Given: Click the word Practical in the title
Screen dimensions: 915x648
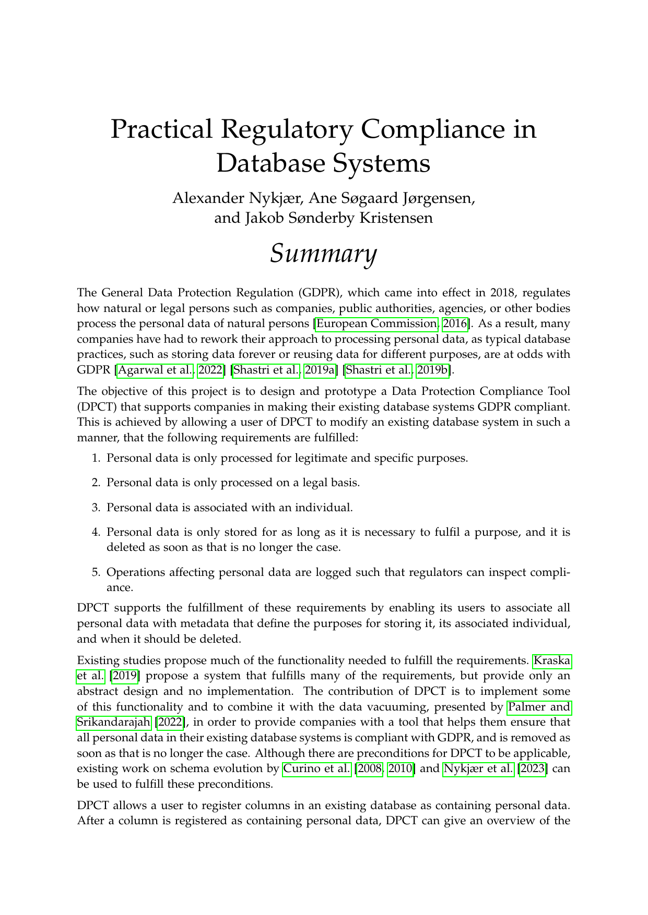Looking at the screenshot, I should [x=161, y=129].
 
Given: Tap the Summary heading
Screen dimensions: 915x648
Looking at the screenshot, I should [x=323, y=254].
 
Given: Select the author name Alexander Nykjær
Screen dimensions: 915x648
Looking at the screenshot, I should [x=236, y=198].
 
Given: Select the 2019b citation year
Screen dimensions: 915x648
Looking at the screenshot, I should [x=433, y=370].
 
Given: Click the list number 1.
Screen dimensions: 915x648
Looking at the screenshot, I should [x=96, y=458].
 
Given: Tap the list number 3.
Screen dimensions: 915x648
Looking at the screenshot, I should [x=96, y=507].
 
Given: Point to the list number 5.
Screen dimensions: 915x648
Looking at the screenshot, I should [x=96, y=572].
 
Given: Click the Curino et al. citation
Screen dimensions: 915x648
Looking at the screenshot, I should [x=317, y=768].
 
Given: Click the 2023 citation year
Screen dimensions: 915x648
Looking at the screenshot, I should [x=532, y=768].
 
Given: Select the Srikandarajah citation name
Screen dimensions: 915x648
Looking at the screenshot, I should [x=113, y=723].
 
